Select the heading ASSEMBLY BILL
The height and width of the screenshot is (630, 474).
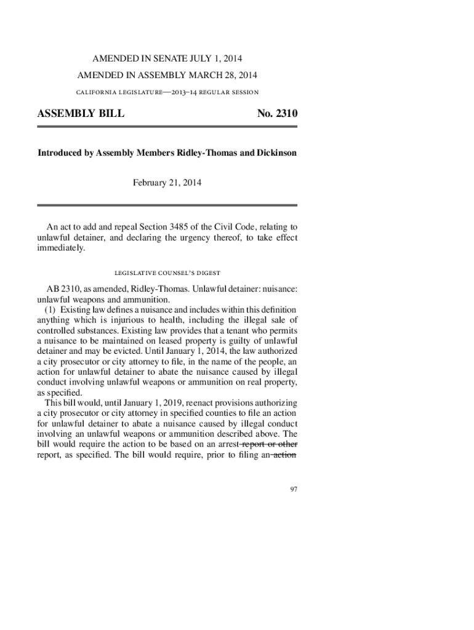[x=81, y=114]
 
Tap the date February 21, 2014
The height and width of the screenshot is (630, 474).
[x=167, y=183]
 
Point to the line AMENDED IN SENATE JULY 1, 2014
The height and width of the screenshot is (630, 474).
[x=167, y=59]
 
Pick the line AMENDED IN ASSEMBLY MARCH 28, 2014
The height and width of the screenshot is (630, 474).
[x=167, y=75]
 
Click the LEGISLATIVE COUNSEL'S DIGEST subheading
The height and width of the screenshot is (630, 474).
[x=167, y=272]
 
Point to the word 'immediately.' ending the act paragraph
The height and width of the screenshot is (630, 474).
[x=62, y=248]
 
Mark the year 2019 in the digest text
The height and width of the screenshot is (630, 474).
[x=165, y=403]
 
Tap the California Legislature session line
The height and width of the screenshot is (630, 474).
[x=167, y=92]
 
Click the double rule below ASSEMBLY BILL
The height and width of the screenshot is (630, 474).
[x=167, y=127]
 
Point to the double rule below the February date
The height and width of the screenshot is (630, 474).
[x=167, y=205]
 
